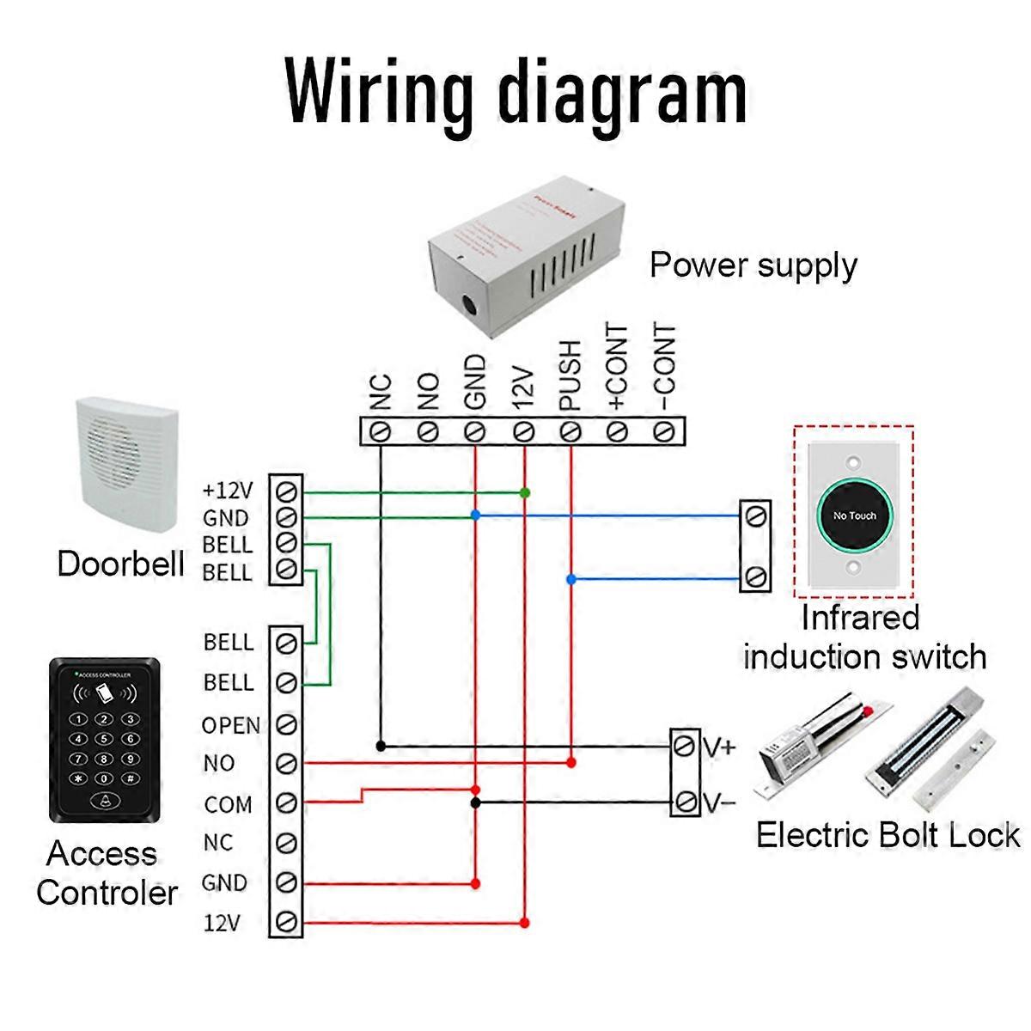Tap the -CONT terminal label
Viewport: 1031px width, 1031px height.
click(666, 369)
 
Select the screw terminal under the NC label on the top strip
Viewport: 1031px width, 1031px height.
click(381, 430)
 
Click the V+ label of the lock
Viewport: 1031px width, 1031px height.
click(719, 747)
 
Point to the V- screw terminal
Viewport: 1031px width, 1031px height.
click(685, 802)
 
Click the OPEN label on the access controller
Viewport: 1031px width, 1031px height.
click(230, 726)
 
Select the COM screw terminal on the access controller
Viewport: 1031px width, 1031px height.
click(287, 803)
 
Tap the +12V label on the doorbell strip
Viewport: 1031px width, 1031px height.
click(228, 491)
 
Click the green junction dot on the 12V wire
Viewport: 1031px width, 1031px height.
click(524, 492)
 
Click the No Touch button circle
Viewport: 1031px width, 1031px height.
click(853, 515)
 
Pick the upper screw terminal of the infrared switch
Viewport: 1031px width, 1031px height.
click(755, 515)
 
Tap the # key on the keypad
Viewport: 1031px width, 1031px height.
click(130, 778)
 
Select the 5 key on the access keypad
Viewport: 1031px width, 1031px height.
click(104, 739)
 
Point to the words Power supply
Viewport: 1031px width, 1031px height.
click(753, 265)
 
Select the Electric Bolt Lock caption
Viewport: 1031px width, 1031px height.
click(888, 835)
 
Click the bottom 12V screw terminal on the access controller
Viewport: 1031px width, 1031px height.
click(287, 923)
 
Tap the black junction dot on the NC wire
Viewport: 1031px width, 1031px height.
click(381, 746)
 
